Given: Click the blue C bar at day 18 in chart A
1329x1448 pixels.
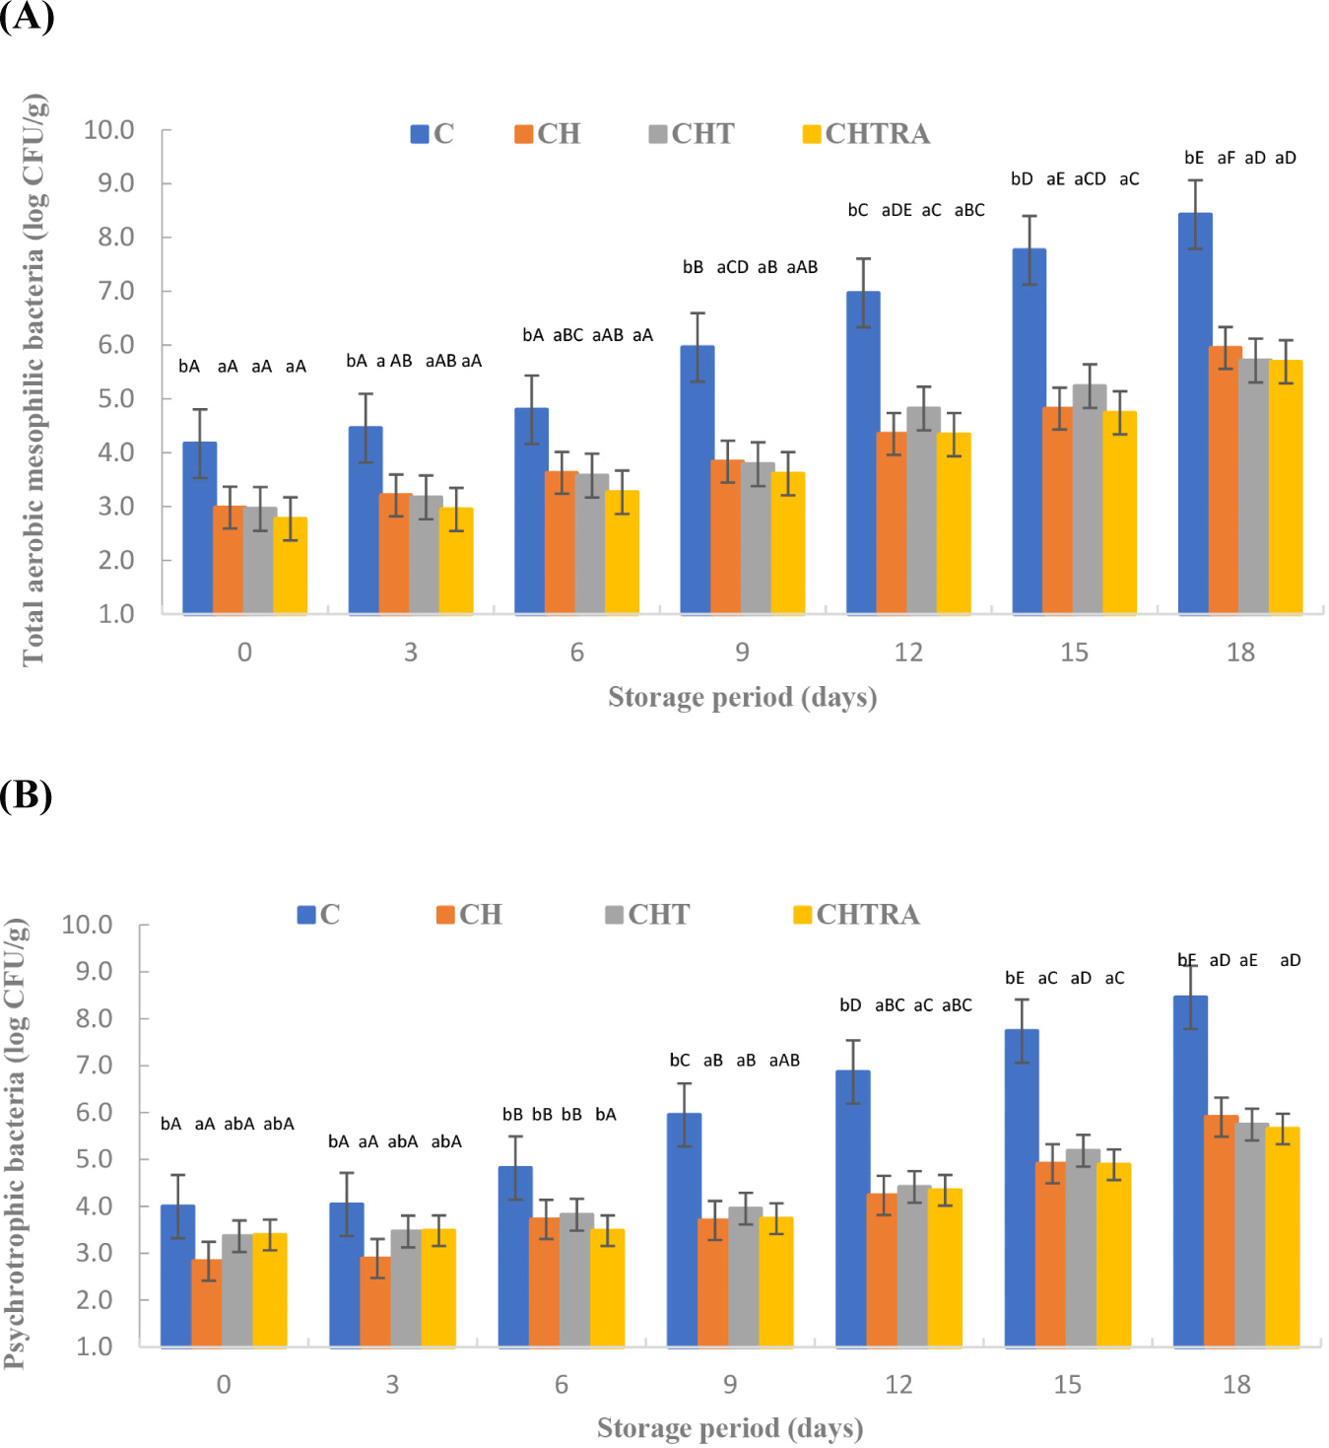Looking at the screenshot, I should [x=1195, y=414].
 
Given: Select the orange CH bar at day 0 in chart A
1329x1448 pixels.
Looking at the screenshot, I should [x=229, y=560].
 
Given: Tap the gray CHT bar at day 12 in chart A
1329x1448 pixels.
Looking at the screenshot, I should [x=923, y=511].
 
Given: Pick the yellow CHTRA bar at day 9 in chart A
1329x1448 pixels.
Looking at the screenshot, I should [x=788, y=543].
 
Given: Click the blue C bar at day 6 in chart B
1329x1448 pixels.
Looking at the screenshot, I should [x=515, y=1257].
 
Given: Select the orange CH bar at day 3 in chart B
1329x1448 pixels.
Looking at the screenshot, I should [x=375, y=1302].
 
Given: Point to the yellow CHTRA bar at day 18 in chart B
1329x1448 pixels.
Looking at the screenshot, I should [x=1283, y=1237].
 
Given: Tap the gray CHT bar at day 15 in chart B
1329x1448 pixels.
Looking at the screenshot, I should [x=1083, y=1248].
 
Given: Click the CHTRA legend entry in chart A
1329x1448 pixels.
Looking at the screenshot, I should [x=867, y=134].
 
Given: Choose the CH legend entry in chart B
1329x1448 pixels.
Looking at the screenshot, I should [x=469, y=915].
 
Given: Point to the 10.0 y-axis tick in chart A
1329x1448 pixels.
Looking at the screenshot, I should [x=108, y=130].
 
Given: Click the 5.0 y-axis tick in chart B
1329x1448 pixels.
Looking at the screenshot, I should [x=95, y=1159].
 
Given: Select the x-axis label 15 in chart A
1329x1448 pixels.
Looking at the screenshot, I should [x=1074, y=653].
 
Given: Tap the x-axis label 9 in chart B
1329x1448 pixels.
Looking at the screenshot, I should [x=730, y=1385].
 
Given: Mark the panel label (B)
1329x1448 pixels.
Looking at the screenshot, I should [x=26, y=794].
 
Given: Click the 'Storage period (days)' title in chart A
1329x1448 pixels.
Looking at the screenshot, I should [x=742, y=698].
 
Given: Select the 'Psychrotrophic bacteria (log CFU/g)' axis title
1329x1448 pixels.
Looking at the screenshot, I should [x=15, y=1143].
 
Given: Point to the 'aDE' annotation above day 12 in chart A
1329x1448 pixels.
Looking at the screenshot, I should [x=897, y=210].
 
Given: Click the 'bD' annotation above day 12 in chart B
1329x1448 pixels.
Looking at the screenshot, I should [x=850, y=1005].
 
